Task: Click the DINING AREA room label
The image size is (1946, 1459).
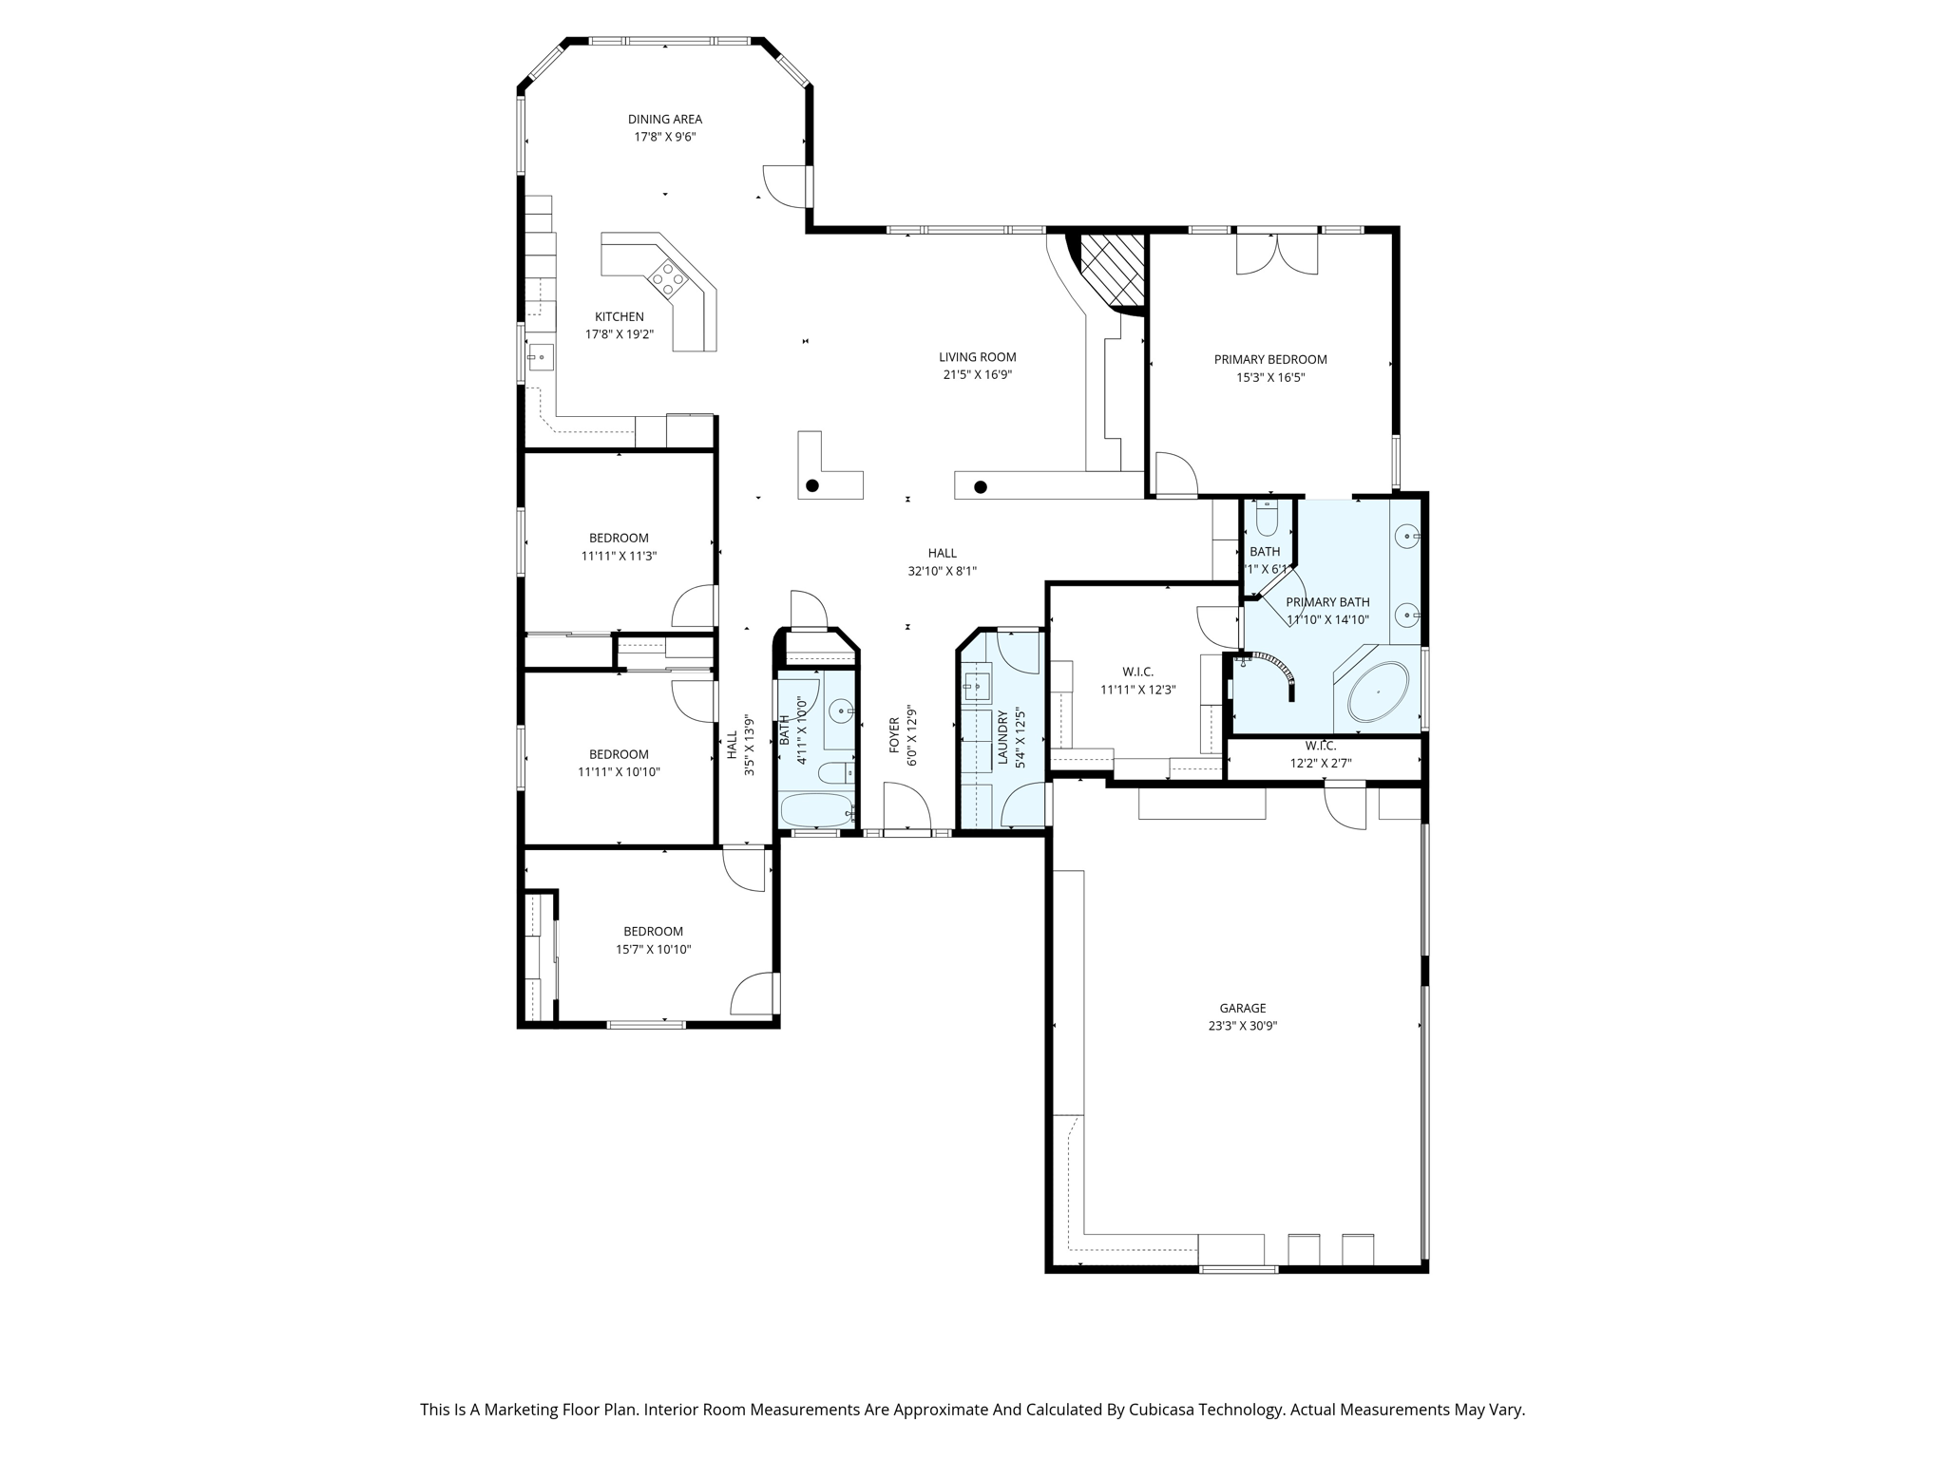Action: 664,119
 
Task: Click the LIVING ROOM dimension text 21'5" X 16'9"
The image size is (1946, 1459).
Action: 977,375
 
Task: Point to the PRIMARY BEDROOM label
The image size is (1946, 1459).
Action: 1269,359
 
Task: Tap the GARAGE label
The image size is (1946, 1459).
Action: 1242,1008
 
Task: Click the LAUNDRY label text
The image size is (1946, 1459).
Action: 1002,737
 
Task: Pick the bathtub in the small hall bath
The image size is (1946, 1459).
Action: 815,811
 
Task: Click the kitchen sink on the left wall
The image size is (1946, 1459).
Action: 541,357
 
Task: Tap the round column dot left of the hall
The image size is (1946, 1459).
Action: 812,485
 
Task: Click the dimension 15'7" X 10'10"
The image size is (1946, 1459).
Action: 653,949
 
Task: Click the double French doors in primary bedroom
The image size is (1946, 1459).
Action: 1277,253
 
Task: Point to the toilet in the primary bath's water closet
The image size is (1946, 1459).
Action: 1267,521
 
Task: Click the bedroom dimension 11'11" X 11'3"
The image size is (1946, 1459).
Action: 619,556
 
